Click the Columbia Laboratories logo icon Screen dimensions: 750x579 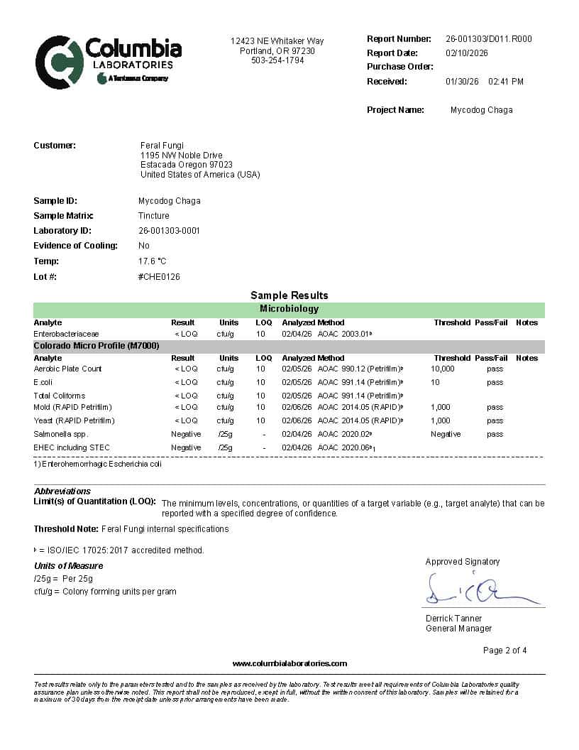point(59,62)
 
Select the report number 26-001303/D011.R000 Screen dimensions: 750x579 point(488,39)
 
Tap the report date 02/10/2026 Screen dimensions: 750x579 point(466,53)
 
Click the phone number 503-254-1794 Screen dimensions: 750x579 point(277,60)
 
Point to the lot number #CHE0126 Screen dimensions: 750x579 point(159,276)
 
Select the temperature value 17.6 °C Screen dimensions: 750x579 point(152,261)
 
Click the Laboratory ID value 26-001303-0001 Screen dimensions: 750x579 point(169,231)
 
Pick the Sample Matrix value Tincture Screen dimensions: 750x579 point(153,216)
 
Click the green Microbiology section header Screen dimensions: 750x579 point(289,310)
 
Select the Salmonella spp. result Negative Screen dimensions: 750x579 point(186,434)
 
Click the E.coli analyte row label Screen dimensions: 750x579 point(43,382)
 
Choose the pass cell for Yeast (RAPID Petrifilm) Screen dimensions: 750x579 point(495,420)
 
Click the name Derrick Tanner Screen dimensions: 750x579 point(453,619)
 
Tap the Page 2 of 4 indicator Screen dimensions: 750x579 point(504,651)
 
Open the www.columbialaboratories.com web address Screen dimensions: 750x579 point(289,663)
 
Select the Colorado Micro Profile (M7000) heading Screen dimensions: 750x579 point(96,346)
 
